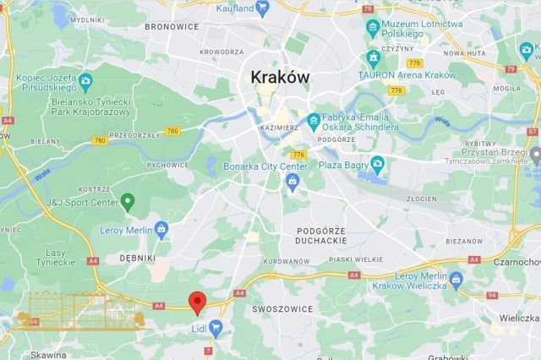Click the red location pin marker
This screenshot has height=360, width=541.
tap(197, 302)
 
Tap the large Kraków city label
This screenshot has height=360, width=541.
tap(280, 77)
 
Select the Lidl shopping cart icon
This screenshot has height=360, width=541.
tap(216, 327)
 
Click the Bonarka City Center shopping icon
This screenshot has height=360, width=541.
tap(293, 184)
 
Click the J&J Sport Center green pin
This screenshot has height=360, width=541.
tap(128, 201)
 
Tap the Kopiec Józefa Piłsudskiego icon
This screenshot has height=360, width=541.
tap(85, 82)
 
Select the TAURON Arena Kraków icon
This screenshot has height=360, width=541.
tap(373, 58)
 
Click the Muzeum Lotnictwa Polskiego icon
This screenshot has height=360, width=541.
tap(373, 28)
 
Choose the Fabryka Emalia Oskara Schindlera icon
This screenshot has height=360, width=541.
tap(314, 119)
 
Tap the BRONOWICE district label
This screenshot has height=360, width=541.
tap(171, 26)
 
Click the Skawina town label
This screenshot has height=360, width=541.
tap(47, 354)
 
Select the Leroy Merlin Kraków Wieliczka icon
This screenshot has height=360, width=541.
tap(456, 278)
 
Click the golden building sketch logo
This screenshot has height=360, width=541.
tap(81, 312)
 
